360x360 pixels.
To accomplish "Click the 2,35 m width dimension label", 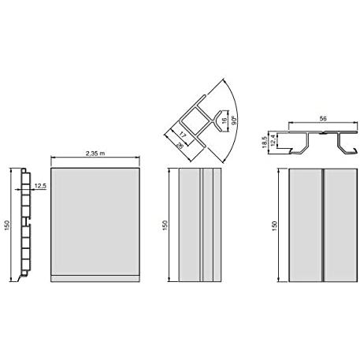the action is point(95,154).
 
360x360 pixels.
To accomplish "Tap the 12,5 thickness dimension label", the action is point(40,186).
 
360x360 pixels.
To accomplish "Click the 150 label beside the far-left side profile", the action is point(7,225).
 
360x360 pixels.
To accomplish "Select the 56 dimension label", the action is point(323,118).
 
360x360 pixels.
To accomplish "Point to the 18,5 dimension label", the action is point(265,142).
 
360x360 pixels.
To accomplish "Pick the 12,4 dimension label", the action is point(273,140).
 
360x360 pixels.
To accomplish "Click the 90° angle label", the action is point(235,121).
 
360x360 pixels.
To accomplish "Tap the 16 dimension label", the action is point(225,121).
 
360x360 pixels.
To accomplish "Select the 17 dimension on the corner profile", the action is point(183,135).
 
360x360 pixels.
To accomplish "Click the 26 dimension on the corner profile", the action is point(180,145).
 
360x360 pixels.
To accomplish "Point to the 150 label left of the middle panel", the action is point(165,225).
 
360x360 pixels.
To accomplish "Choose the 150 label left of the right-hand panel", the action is point(274,226).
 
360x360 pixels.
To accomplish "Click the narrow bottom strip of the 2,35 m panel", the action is point(95,279).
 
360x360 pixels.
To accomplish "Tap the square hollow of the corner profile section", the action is point(195,121).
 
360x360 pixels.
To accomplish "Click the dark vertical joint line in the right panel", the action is point(323,225).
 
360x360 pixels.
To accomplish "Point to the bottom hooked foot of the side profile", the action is point(22,276).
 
